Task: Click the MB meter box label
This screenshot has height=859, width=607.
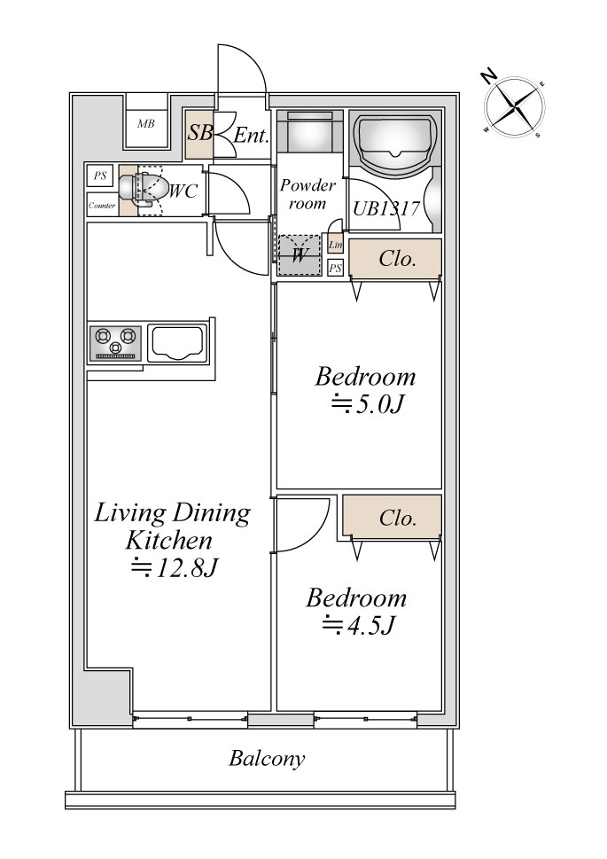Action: [145, 124]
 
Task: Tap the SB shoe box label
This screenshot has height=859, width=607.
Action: [200, 132]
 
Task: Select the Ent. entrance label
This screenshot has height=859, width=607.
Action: [251, 136]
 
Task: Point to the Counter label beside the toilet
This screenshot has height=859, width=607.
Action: [102, 206]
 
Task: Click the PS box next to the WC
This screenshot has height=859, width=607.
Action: [100, 176]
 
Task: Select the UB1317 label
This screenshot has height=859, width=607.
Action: [386, 208]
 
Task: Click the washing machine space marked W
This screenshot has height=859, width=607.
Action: [300, 255]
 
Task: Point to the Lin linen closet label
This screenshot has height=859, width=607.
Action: [335, 245]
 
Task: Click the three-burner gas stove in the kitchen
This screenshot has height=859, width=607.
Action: [115, 343]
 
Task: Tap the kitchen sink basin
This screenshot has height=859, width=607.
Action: [177, 343]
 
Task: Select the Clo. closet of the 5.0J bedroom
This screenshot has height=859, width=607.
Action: [395, 258]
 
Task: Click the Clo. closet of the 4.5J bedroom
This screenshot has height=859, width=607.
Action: [393, 516]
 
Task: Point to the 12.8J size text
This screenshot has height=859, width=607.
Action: [175, 568]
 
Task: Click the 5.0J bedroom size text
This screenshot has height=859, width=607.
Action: [368, 405]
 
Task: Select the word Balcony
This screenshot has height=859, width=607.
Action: [267, 759]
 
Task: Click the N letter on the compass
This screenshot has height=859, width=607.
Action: [488, 76]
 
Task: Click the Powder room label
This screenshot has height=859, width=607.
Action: [307, 194]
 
